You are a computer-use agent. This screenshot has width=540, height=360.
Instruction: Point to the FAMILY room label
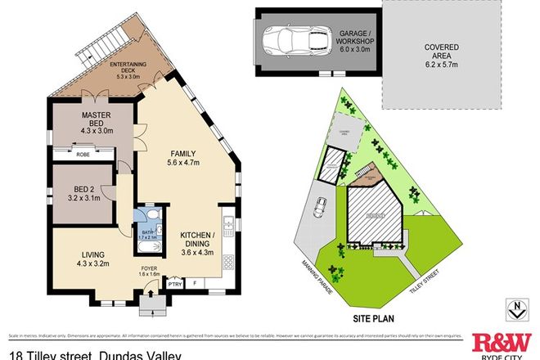(182, 156)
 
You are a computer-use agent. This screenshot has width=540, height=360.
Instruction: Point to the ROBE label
(83, 154)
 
